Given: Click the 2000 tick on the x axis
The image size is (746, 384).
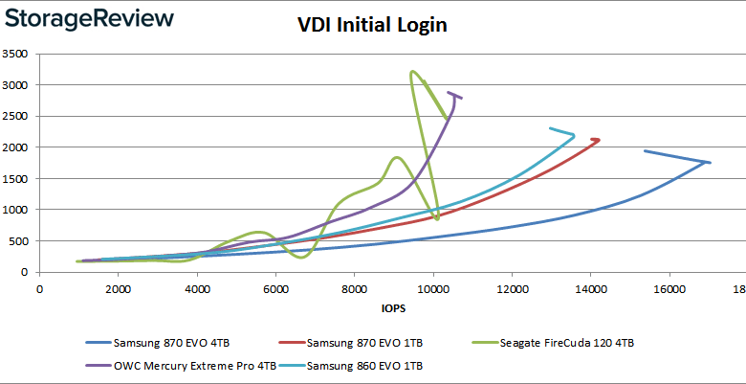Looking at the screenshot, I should click(118, 286).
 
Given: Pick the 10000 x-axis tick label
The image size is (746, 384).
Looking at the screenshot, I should click(432, 286).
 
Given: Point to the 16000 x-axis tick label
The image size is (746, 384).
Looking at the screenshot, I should click(669, 286).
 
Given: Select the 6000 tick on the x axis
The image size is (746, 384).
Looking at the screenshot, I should click(275, 286).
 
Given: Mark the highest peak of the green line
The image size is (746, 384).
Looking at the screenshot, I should click(411, 72).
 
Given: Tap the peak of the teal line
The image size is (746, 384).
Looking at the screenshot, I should click(574, 135).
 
